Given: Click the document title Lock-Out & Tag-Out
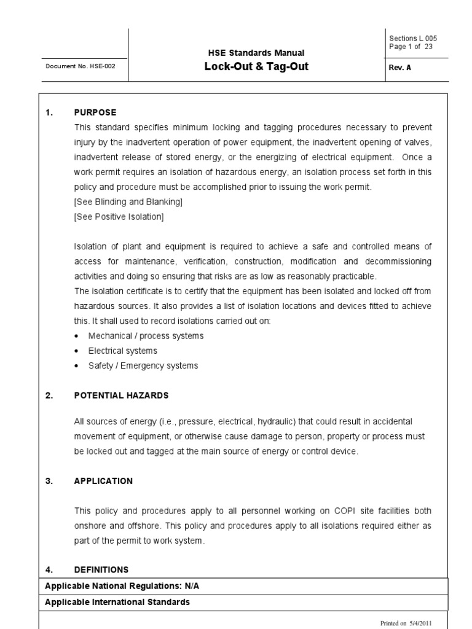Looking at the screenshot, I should click(256, 67).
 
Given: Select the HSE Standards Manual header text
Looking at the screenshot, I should click(256, 53).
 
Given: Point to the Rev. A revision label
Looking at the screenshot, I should click(399, 68).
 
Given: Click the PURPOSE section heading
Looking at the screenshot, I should click(95, 112).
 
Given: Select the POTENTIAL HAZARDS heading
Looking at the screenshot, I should click(121, 395).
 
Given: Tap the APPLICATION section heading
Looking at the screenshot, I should click(103, 481).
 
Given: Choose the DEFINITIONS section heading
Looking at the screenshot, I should click(101, 569).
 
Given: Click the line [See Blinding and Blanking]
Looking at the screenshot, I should click(128, 201).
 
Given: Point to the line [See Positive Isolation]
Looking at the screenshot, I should click(119, 216).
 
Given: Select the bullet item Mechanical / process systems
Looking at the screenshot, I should click(146, 336).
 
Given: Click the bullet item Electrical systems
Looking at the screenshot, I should click(122, 351).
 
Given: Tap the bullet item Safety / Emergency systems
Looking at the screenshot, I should click(143, 365).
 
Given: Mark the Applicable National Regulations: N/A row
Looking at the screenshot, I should click(122, 586).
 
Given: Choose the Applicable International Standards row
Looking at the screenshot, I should click(117, 602).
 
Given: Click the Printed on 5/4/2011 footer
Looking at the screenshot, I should click(406, 622).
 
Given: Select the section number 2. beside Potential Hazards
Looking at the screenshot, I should click(49, 395).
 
